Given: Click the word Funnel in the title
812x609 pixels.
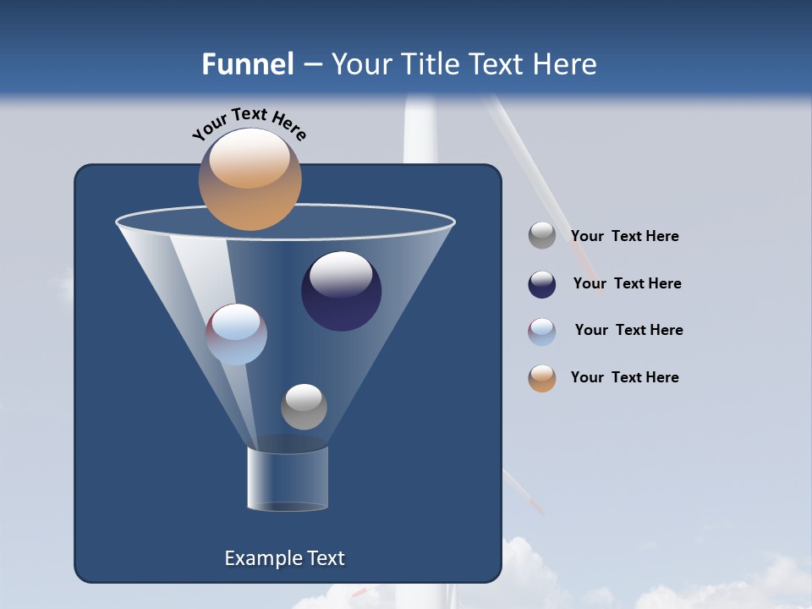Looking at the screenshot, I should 247,64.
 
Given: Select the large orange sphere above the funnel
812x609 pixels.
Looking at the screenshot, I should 250,179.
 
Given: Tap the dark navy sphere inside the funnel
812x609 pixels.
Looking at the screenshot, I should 341,292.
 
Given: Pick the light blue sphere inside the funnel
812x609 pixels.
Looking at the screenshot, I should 237,334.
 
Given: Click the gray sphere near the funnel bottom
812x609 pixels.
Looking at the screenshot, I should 304,406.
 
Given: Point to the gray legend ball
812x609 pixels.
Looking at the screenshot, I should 542,236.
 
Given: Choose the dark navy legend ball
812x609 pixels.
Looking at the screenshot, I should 542,284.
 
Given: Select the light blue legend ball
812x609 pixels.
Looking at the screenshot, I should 542,332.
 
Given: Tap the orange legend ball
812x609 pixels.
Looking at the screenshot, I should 542,378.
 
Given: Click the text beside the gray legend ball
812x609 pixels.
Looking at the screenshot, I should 624,237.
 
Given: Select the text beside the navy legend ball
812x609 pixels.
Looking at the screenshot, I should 627,284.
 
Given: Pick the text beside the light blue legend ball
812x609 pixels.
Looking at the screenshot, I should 628,331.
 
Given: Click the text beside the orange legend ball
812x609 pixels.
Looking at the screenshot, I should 624,378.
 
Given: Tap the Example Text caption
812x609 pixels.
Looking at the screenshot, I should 284,558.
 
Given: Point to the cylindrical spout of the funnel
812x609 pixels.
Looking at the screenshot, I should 288,479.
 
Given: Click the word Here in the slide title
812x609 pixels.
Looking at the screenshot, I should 566,64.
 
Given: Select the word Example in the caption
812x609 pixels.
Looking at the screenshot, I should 261,558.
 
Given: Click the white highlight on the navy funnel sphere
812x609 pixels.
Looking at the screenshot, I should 341,273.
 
